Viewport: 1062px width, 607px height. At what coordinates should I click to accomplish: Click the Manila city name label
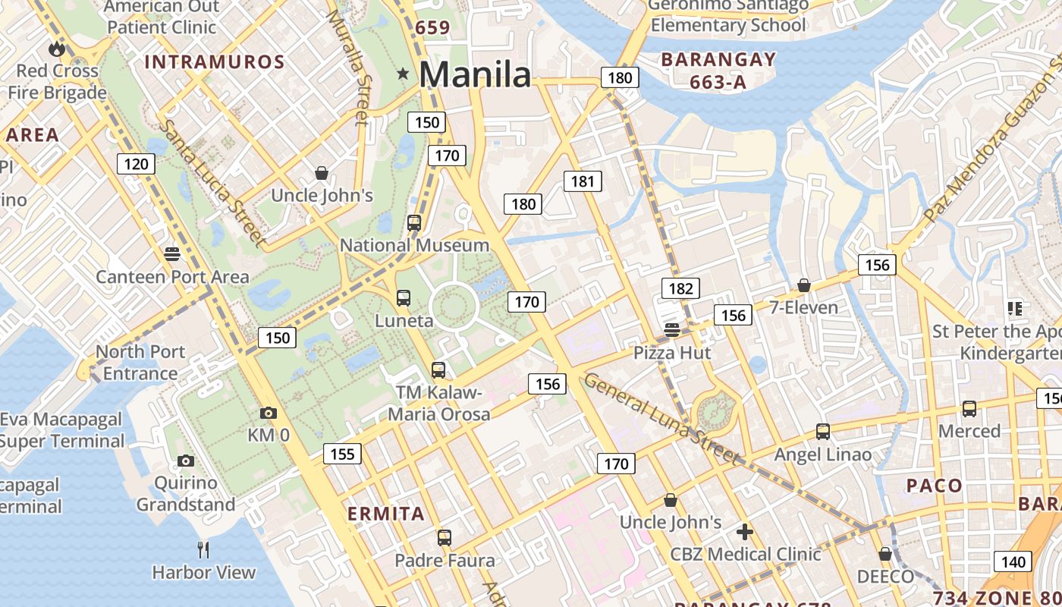point(475,74)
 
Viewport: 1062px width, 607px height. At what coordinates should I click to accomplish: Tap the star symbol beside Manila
point(403,74)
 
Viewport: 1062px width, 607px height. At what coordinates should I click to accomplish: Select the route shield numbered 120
point(137,163)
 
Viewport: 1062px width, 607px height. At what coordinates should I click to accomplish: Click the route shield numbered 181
point(583,181)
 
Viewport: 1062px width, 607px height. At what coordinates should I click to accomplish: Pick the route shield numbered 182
point(680,288)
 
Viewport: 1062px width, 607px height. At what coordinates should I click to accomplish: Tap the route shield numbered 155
point(342,454)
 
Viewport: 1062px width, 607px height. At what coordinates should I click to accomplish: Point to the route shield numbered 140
point(1012,561)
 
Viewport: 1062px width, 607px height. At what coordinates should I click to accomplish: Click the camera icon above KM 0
point(268,414)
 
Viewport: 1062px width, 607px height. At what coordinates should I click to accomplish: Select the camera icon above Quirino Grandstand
point(186,461)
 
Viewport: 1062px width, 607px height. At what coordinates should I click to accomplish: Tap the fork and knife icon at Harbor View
point(203,549)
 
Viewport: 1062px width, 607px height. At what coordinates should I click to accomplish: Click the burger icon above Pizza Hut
point(672,329)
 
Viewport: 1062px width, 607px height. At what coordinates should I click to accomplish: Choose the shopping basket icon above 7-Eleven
point(804,285)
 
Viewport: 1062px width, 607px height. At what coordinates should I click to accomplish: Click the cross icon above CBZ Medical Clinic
point(745,531)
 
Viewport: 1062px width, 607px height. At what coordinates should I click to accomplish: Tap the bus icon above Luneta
point(404,298)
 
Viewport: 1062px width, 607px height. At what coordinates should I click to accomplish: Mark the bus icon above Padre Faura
point(445,538)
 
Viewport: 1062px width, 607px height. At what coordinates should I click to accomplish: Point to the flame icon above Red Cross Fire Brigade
point(57,49)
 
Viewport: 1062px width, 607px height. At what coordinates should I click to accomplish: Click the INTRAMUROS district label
point(215,62)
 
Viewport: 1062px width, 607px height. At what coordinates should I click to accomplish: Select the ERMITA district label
point(386,514)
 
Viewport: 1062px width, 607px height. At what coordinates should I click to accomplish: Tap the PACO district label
point(935,486)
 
